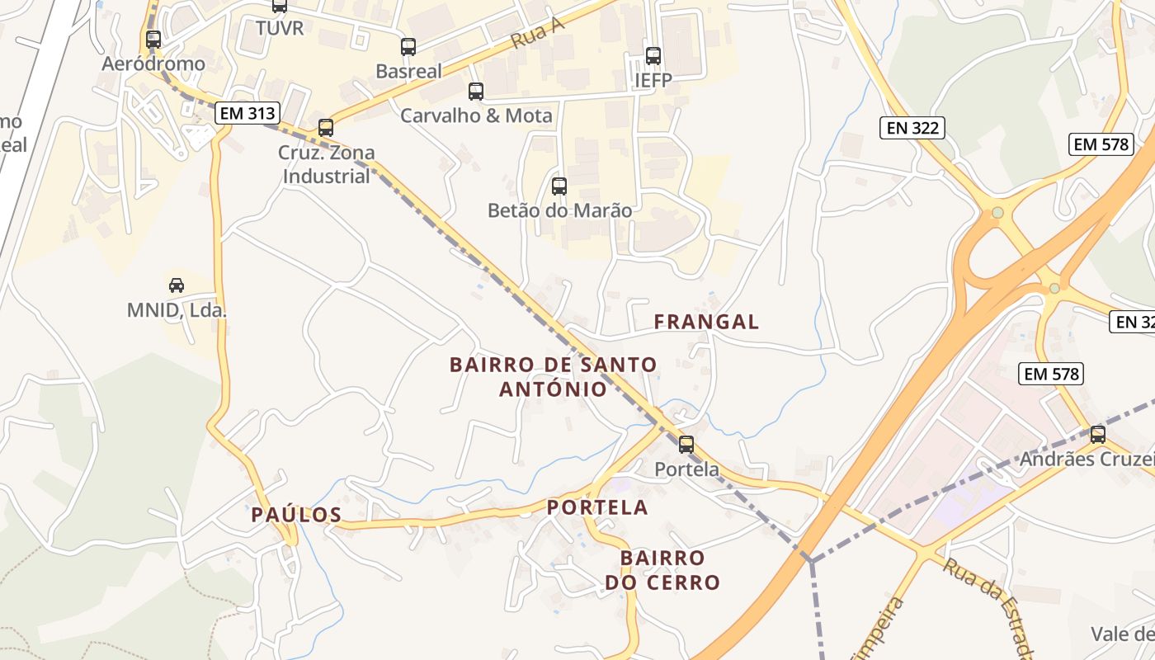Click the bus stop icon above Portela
[686, 445]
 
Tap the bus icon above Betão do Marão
[559, 186]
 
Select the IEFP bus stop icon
[653, 56]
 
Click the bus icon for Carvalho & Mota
[475, 92]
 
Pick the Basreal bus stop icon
[408, 47]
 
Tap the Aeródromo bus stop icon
[153, 39]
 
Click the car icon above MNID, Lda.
[177, 285]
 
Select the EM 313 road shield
[247, 113]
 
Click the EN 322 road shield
[912, 127]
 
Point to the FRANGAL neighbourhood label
[706, 322]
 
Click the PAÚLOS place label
[296, 515]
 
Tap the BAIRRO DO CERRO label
[662, 570]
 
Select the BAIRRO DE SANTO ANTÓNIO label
[554, 376]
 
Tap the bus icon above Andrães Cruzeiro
[1097, 435]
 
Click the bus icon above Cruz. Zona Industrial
[326, 128]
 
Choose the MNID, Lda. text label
[177, 311]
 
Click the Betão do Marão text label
[560, 210]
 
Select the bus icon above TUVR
[280, 6]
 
